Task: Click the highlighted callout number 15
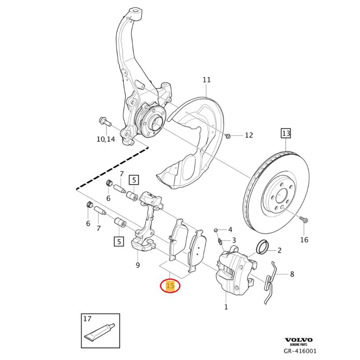(170, 286)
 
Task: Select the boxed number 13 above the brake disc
(285, 133)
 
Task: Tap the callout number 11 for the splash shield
(206, 80)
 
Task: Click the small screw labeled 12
(228, 135)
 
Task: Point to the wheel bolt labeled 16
(303, 220)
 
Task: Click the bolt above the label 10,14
(102, 121)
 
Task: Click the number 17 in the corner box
(87, 319)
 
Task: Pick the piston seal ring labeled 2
(263, 246)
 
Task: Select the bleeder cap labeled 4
(216, 230)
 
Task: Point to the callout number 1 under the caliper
(226, 307)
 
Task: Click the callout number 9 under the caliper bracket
(138, 266)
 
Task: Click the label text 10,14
(106, 139)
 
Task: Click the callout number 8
(292, 274)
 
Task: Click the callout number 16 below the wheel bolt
(304, 240)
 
